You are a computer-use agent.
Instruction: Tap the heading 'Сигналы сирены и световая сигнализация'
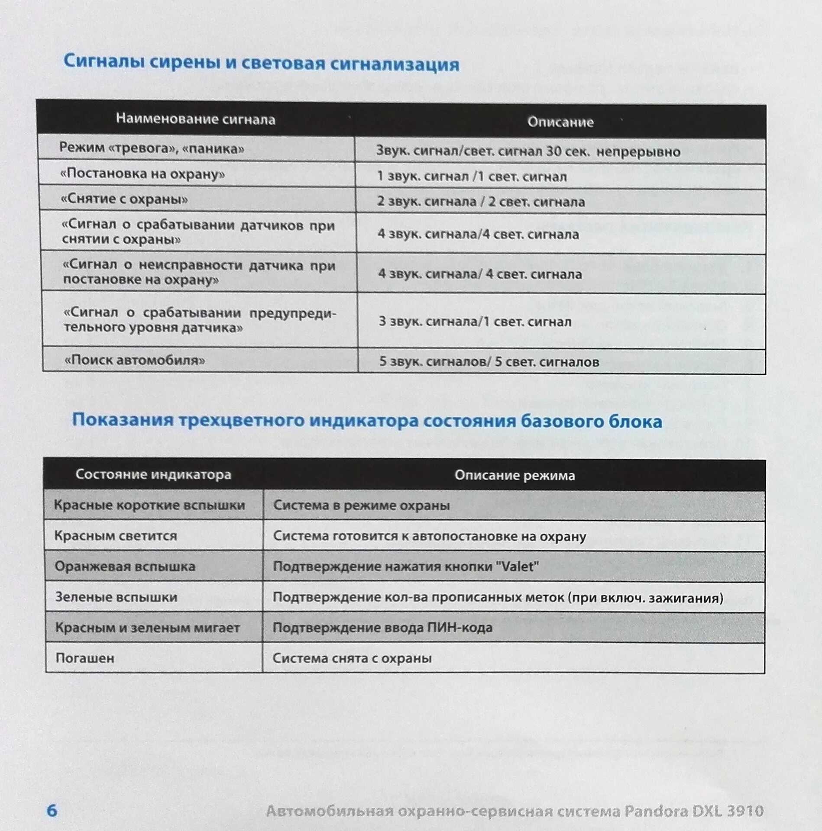click(261, 64)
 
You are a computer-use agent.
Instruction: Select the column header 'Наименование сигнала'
click(195, 119)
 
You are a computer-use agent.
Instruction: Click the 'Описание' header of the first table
click(560, 122)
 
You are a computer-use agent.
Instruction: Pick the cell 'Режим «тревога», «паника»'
click(152, 148)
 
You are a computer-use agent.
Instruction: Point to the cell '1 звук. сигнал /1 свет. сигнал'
click(472, 177)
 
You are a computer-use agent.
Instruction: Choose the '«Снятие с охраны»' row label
click(125, 199)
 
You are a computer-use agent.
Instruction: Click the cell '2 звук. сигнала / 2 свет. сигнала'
click(481, 202)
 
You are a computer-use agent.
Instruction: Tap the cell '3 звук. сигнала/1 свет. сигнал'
click(475, 322)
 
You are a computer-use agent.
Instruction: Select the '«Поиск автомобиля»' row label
click(135, 360)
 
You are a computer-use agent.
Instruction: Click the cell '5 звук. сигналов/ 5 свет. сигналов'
click(489, 362)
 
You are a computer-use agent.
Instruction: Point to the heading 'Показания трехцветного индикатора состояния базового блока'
click(367, 421)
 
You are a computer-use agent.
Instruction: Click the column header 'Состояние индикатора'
click(153, 474)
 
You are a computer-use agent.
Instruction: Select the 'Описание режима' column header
click(515, 476)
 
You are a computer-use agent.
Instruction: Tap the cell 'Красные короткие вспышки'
click(149, 505)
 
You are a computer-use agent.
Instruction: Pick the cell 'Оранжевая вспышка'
click(125, 567)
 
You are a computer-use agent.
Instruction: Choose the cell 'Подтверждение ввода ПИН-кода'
click(382, 628)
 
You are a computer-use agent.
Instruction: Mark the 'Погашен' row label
click(85, 658)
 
